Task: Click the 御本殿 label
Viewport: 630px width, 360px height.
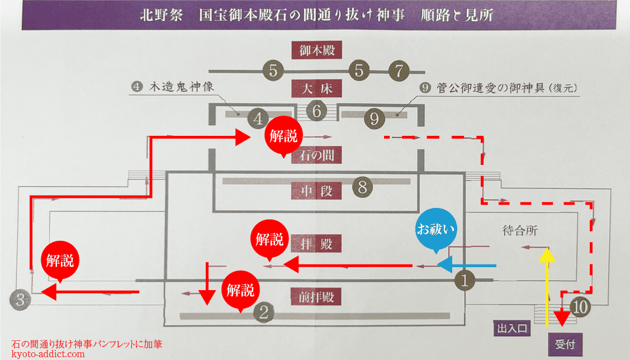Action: pyautogui.click(x=316, y=50)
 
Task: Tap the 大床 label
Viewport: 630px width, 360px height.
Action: pyautogui.click(x=316, y=88)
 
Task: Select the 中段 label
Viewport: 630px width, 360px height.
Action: pyautogui.click(x=316, y=191)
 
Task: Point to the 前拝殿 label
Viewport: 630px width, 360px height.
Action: pyautogui.click(x=316, y=296)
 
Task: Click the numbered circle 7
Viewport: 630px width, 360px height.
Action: pyautogui.click(x=399, y=71)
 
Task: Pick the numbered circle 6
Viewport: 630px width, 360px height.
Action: pyautogui.click(x=316, y=111)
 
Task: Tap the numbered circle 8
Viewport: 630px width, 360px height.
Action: pyautogui.click(x=362, y=187)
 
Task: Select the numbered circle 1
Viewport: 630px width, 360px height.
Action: pyautogui.click(x=465, y=280)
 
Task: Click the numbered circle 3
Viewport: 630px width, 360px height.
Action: pyautogui.click(x=20, y=300)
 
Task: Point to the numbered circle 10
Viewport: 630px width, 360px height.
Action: pyautogui.click(x=580, y=307)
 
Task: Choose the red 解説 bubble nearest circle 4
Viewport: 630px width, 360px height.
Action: pyautogui.click(x=283, y=136)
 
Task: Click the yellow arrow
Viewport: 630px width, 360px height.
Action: pyautogui.click(x=547, y=287)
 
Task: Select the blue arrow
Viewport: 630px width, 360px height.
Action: pyautogui.click(x=466, y=265)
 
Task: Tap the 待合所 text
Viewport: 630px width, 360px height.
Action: pyautogui.click(x=520, y=231)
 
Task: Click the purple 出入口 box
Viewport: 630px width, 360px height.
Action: pyautogui.click(x=512, y=328)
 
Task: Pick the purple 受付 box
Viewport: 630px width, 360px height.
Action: pyautogui.click(x=565, y=344)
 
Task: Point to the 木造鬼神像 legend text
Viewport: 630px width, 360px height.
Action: pyautogui.click(x=182, y=87)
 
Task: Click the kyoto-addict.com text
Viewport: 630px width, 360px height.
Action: pyautogui.click(x=48, y=354)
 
